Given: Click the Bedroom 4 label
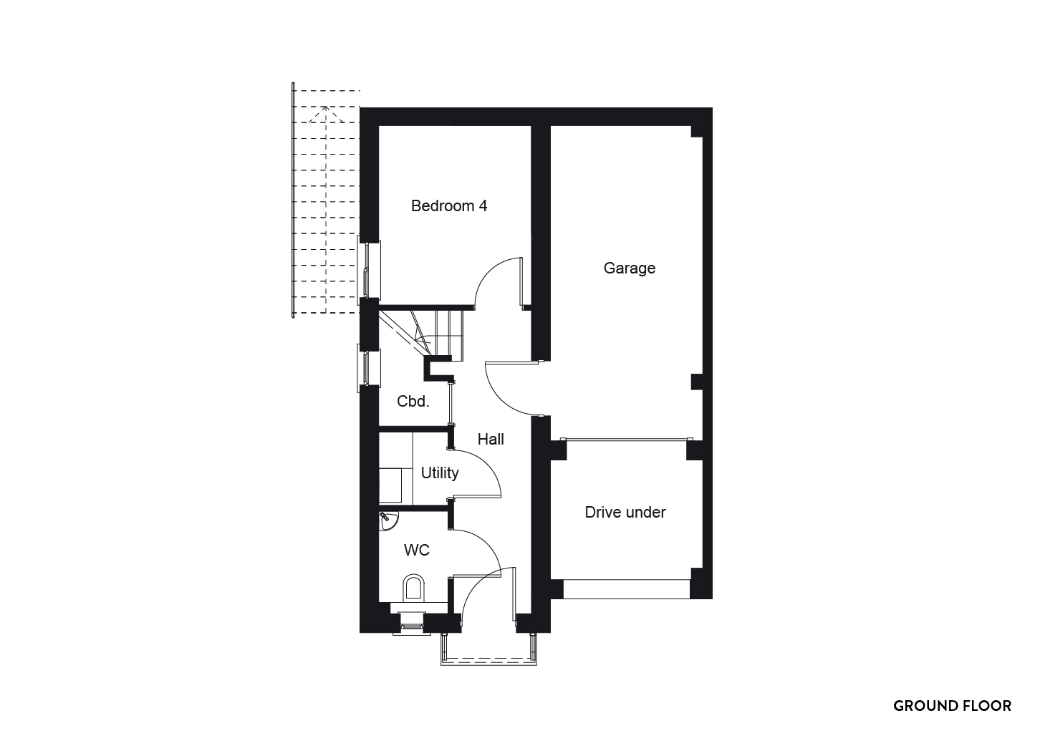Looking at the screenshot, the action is (449, 205).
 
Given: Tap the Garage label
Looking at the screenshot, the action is (630, 268).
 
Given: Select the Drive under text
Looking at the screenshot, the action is (625, 513).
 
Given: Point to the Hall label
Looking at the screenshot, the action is (491, 439).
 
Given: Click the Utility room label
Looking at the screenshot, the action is (440, 473).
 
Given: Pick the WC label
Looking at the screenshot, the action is (417, 550).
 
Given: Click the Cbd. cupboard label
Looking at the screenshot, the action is (413, 402).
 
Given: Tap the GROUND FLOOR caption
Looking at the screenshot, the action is (952, 706).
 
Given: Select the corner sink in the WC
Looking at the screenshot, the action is (388, 520).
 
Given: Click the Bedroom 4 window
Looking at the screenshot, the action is (369, 270).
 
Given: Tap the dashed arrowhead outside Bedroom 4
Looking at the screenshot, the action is (326, 115).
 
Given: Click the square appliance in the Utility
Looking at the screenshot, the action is (390, 486).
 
